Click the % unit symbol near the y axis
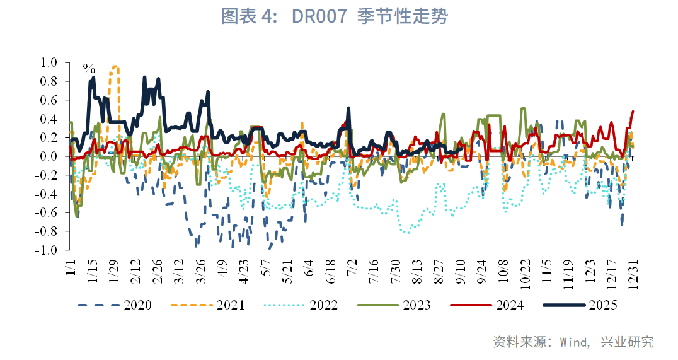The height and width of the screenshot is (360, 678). (x=89, y=68)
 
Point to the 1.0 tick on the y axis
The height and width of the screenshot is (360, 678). (x=49, y=62)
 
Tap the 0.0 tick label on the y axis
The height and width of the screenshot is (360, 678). (x=49, y=156)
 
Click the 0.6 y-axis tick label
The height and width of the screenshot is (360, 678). (x=49, y=100)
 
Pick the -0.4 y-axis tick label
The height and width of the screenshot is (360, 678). (x=47, y=194)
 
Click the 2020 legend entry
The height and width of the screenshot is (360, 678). (x=137, y=305)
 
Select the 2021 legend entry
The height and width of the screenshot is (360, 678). (x=230, y=305)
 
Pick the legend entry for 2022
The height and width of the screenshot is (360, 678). (x=323, y=305)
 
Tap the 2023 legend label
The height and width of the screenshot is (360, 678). (x=417, y=305)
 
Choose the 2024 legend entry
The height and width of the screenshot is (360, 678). (x=509, y=305)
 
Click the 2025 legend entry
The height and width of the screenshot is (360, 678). (x=602, y=305)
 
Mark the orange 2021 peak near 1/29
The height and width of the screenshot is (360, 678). (x=114, y=66)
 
